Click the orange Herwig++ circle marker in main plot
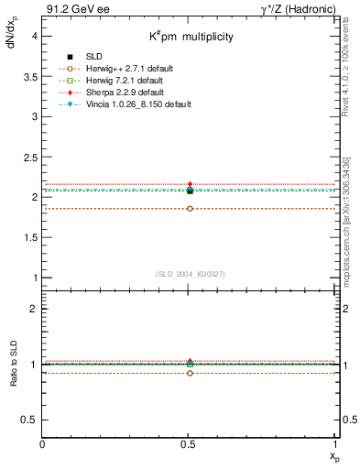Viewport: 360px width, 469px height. (x=190, y=209)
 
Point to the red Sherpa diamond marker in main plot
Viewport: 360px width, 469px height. (x=190, y=184)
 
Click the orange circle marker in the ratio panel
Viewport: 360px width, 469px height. (x=190, y=373)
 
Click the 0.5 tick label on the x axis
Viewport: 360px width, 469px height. (x=190, y=444)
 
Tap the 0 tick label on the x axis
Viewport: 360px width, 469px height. (x=43, y=444)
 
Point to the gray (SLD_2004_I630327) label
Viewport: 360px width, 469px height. (x=189, y=273)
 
